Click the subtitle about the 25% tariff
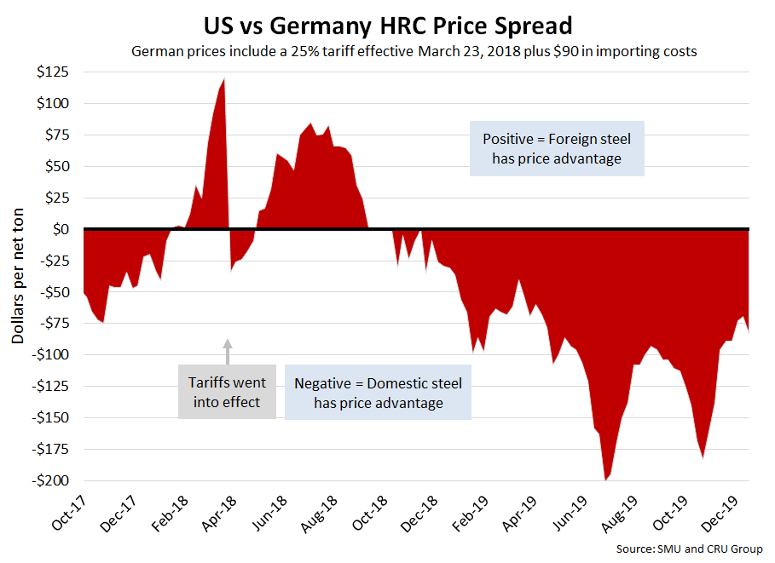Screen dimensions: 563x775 (x=414, y=51)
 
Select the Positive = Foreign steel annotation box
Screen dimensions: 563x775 (x=557, y=148)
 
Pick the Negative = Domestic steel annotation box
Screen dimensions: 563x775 (x=379, y=393)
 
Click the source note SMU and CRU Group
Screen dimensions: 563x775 (x=689, y=549)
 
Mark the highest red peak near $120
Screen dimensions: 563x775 (x=224, y=80)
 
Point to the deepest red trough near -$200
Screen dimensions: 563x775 (x=605, y=479)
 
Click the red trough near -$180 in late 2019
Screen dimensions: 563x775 (x=703, y=456)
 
